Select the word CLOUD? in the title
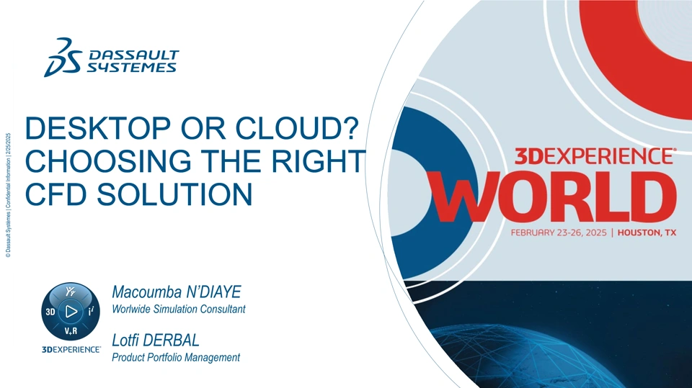[x=296, y=128]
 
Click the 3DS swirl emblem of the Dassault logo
[x=63, y=58]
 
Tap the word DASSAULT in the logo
[x=134, y=55]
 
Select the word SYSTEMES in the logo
[x=131, y=67]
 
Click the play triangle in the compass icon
[x=71, y=311]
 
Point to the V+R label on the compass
[x=71, y=331]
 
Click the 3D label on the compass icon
[x=50, y=312]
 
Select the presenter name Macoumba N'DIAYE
[x=177, y=292]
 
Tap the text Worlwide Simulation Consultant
[x=179, y=309]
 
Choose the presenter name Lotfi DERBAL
[x=156, y=340]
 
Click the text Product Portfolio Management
[x=176, y=357]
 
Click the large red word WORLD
[x=554, y=197]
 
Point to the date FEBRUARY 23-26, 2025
[x=559, y=233]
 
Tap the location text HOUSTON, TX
[x=647, y=233]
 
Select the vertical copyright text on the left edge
[x=8, y=195]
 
